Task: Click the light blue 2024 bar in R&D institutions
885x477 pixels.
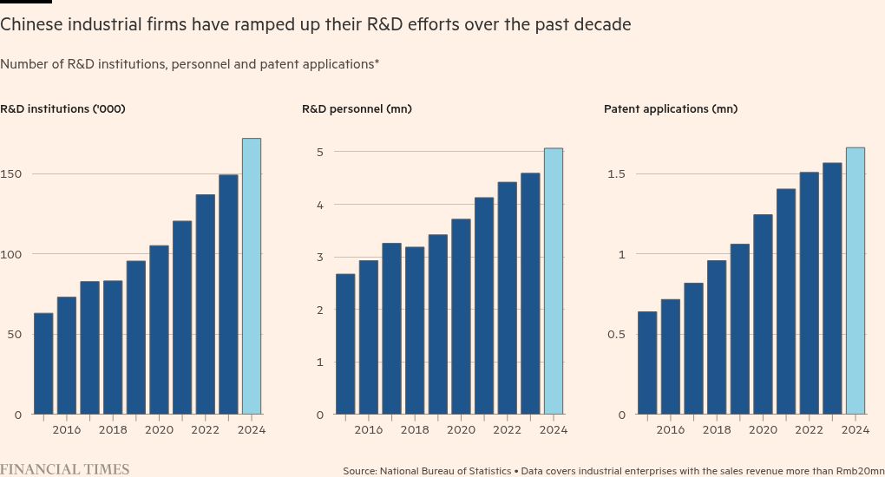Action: (251, 276)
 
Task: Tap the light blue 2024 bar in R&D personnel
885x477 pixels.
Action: (553, 281)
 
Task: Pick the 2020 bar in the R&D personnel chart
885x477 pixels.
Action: (461, 317)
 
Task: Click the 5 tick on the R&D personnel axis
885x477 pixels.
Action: (319, 153)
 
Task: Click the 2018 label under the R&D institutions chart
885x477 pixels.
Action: (113, 430)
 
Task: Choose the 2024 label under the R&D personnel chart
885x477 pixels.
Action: (554, 430)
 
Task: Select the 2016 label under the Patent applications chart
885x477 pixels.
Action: (671, 430)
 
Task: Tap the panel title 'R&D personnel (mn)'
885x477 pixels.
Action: (357, 109)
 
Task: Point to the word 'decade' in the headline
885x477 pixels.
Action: (604, 25)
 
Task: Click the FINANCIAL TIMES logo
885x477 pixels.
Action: (65, 469)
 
